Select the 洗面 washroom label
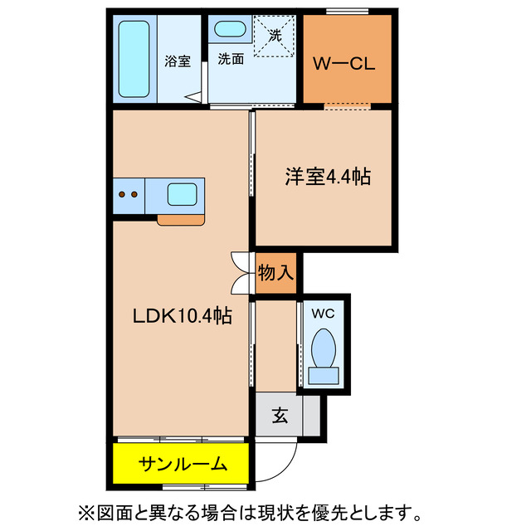click(231, 60)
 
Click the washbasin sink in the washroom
click(229, 30)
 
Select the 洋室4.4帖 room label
click(328, 177)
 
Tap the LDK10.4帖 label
click(183, 315)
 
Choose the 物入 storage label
click(275, 272)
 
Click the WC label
click(322, 314)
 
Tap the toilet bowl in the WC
click(322, 348)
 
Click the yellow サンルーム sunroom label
click(182, 464)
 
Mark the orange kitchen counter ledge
click(180, 220)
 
